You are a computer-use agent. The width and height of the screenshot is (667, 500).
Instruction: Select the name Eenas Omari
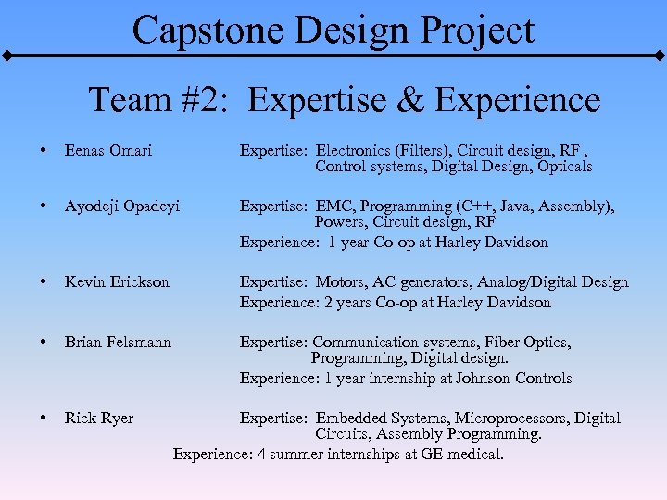tap(108, 150)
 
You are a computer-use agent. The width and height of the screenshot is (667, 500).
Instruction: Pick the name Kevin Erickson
tap(117, 281)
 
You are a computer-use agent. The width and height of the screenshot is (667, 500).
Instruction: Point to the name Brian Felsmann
tap(118, 342)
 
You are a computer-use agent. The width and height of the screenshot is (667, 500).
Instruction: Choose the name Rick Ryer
tap(98, 418)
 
